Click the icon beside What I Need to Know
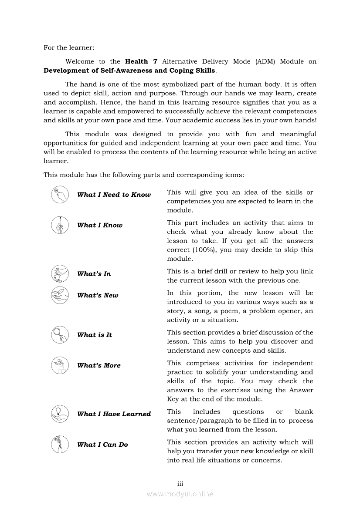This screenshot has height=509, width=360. click(x=60, y=195)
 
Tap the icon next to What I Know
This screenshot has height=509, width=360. click(x=60, y=225)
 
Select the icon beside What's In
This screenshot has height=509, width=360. click(x=60, y=274)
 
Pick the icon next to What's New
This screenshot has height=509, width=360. click(x=60, y=295)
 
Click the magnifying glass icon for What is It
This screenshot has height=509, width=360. click(x=60, y=335)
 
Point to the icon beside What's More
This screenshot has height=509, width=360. click(x=60, y=365)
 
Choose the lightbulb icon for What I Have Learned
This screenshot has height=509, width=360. click(x=60, y=414)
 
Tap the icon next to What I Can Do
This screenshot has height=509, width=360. click(x=60, y=444)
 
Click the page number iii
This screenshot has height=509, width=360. click(x=180, y=484)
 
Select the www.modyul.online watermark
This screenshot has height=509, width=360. click(x=180, y=494)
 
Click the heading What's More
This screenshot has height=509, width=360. click(x=99, y=365)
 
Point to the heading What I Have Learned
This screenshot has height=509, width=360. click(x=114, y=414)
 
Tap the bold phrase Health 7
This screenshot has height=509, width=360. click(x=137, y=62)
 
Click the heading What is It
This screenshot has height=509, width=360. click(x=95, y=335)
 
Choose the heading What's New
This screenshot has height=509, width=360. click(x=98, y=295)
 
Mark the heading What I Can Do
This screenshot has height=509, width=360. click(x=102, y=445)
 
